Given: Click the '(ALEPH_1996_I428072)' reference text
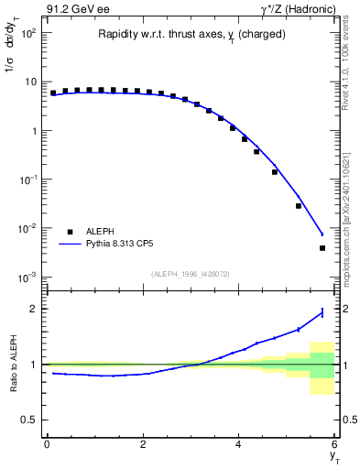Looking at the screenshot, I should click(x=191, y=274).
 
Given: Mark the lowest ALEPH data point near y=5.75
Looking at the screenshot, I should click(x=322, y=248).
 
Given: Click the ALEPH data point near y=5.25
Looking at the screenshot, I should click(x=299, y=206).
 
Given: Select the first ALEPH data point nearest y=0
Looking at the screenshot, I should click(x=53, y=93).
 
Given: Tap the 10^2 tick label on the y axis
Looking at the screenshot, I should click(x=28, y=33).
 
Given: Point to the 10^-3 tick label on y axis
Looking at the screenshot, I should click(x=28, y=277).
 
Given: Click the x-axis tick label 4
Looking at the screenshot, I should click(x=239, y=445).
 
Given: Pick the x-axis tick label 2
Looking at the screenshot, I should click(x=143, y=445).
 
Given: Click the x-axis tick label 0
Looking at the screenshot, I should click(x=47, y=445).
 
